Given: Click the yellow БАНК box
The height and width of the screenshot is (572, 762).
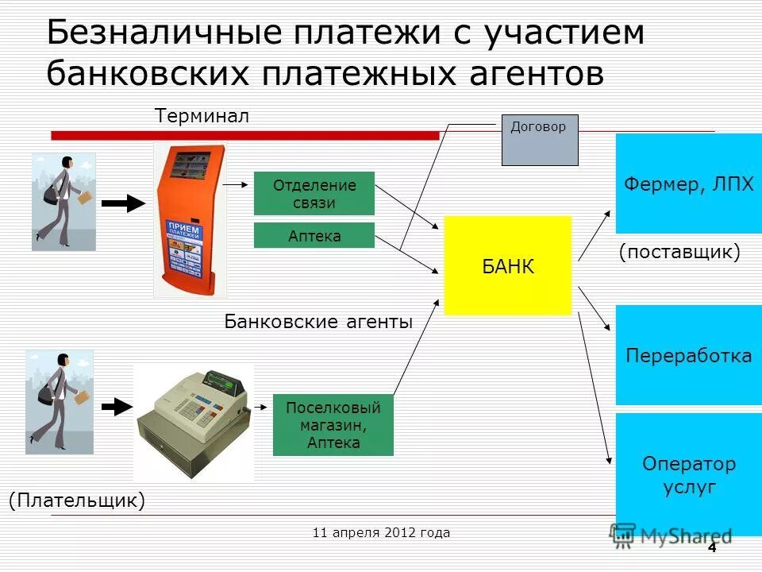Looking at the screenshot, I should pyautogui.click(x=507, y=265).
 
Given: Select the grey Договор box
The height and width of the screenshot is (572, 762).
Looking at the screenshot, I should pyautogui.click(x=540, y=140).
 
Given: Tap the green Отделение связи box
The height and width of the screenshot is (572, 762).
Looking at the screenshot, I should pyautogui.click(x=314, y=193).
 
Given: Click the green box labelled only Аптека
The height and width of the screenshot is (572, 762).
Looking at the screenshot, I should pyautogui.click(x=314, y=235).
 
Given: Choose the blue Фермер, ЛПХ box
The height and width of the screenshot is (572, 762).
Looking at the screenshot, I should pyautogui.click(x=688, y=184).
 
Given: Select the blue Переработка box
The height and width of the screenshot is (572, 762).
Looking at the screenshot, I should pyautogui.click(x=688, y=355).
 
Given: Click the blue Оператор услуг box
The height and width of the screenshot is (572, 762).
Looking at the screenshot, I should pyautogui.click(x=688, y=474).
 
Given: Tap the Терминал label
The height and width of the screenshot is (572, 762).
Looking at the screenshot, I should pyautogui.click(x=202, y=116).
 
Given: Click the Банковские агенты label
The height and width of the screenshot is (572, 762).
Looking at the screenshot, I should pyautogui.click(x=318, y=322).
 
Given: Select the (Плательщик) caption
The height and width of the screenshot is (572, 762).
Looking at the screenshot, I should pyautogui.click(x=77, y=500).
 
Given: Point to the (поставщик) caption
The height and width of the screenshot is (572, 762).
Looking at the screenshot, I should pyautogui.click(x=679, y=253).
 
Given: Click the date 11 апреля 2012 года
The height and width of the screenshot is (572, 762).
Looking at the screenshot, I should pyautogui.click(x=381, y=532).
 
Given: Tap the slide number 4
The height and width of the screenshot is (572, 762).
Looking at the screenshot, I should pyautogui.click(x=711, y=548).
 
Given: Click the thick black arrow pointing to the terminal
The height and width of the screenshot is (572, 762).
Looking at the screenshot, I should pyautogui.click(x=123, y=203).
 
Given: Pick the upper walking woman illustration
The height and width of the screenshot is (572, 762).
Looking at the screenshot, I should pyautogui.click(x=63, y=202).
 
